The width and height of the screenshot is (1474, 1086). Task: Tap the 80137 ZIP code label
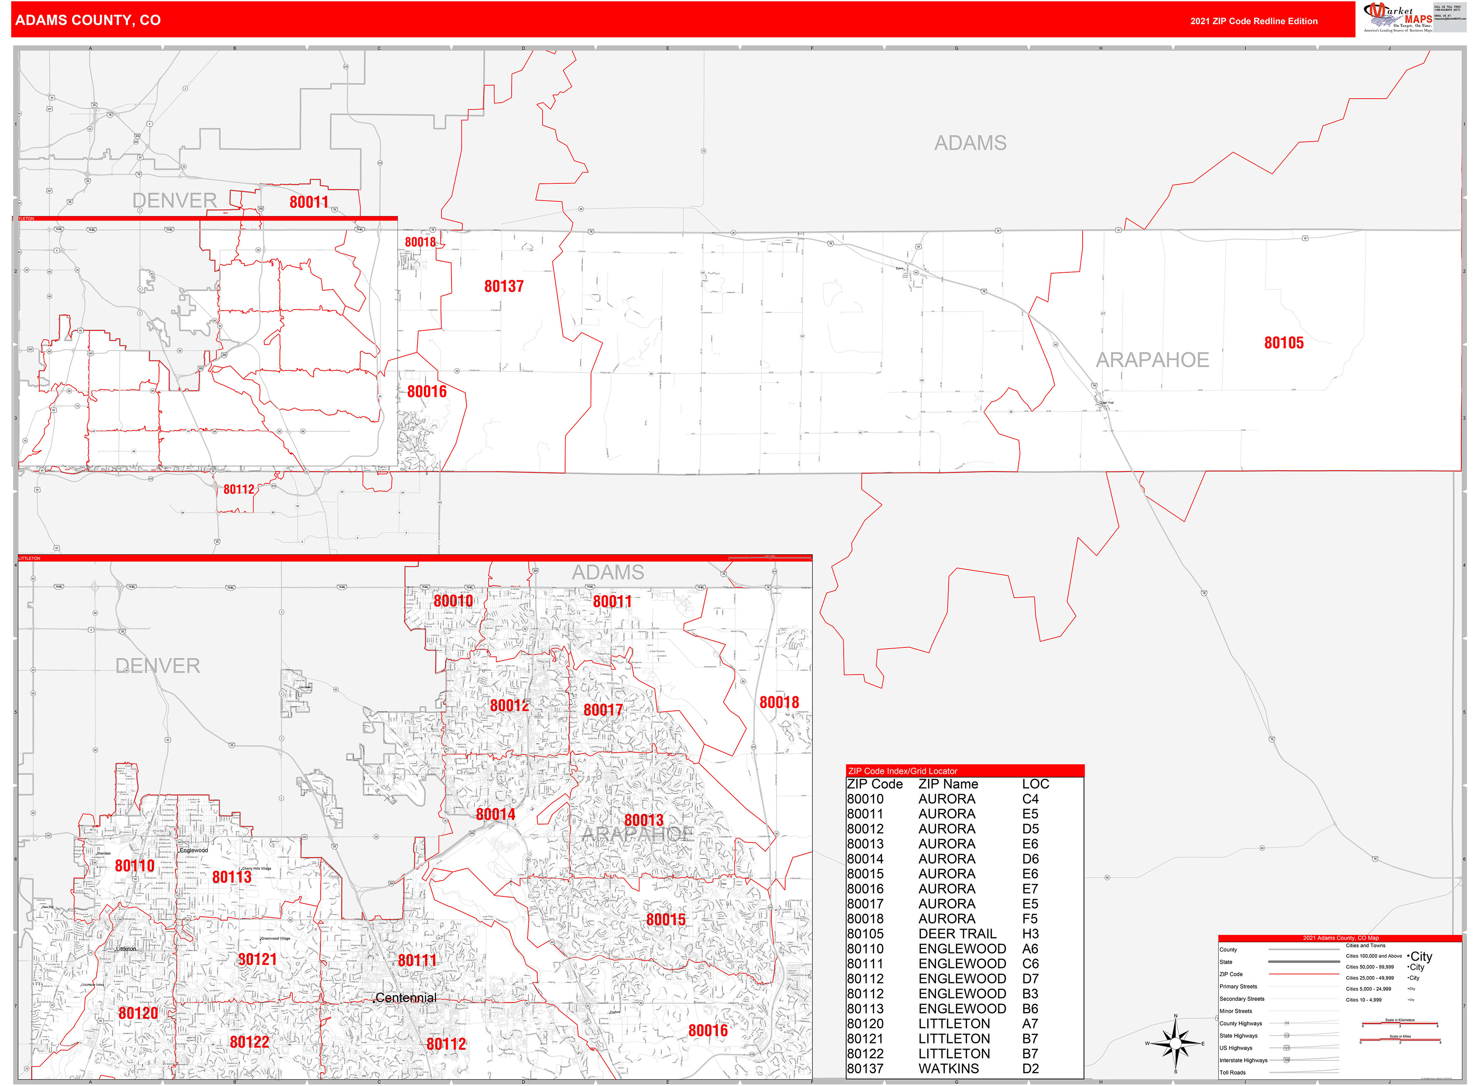(x=504, y=286)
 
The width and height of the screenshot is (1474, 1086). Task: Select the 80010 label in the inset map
(x=453, y=601)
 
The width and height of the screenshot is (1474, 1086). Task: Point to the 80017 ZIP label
(x=603, y=710)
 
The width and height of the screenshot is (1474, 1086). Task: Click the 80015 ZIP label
(x=665, y=920)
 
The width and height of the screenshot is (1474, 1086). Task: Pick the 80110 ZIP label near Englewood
(x=134, y=866)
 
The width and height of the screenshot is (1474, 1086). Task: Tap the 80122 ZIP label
(x=249, y=1042)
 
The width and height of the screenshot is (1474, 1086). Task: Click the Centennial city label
(x=406, y=998)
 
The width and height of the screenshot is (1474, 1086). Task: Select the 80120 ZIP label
(x=138, y=1013)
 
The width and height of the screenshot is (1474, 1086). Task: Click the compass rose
(x=1175, y=1043)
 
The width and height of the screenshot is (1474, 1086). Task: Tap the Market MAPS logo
(x=1397, y=18)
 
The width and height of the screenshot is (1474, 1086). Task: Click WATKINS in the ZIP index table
(x=948, y=1069)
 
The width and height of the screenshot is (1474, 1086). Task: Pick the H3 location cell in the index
(x=1030, y=934)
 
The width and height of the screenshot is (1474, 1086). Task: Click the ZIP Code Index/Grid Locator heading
(x=902, y=771)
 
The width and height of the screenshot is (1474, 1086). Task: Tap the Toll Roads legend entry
(x=1232, y=1072)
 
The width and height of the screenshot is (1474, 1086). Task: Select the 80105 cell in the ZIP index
(x=865, y=934)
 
